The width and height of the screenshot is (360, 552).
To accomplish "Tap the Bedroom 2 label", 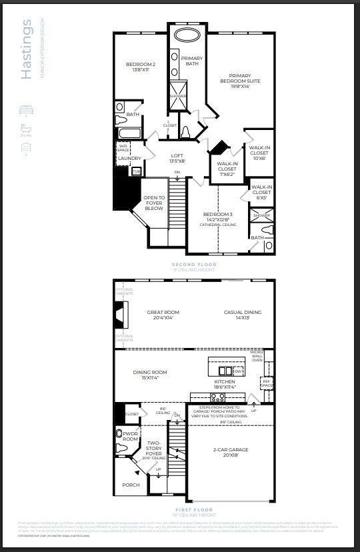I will [x=141, y=67].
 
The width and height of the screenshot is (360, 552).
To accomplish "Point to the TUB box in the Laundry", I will [x=137, y=171].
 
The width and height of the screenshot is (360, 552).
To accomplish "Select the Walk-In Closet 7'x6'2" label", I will [x=227, y=166].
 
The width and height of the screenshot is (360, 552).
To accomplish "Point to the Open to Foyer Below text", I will [x=154, y=203].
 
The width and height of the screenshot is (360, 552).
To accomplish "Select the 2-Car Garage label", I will [x=230, y=453].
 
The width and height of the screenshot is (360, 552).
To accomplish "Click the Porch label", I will [x=131, y=485].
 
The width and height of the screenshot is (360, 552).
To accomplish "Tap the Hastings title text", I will [x=27, y=50].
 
